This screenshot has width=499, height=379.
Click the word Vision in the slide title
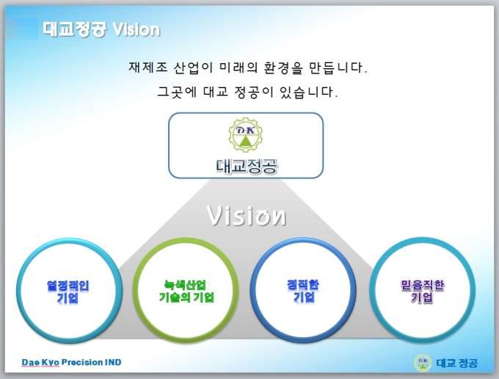tap(136, 29)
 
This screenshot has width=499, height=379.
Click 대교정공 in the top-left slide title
tap(74, 29)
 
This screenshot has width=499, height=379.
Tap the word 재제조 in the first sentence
tap(148, 68)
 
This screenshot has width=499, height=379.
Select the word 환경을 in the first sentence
tap(283, 68)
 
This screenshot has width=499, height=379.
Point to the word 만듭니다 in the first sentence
tap(338, 68)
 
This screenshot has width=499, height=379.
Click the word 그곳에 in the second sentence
tap(178, 92)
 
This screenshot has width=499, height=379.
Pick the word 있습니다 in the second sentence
tap(308, 92)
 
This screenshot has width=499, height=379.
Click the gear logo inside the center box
tap(246, 134)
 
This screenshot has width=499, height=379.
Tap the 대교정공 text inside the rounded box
tap(247, 166)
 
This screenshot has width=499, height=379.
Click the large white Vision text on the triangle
tap(246, 216)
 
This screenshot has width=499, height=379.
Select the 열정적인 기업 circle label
tap(68, 292)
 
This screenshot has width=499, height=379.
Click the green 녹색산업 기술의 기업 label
tap(186, 291)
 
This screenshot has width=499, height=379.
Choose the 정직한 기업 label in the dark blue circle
tap(303, 291)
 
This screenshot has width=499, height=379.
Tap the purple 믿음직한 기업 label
tap(422, 291)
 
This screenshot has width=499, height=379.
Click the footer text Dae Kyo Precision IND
tap(72, 362)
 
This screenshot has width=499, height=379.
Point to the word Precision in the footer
tap(82, 362)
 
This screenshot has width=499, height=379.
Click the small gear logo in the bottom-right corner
tap(423, 363)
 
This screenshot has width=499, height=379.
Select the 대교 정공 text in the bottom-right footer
tap(457, 363)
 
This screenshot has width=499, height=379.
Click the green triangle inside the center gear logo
tap(246, 141)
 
